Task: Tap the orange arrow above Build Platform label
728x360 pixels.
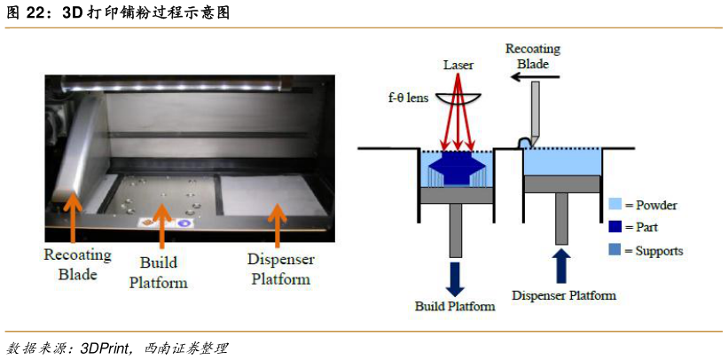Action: (x=161, y=225)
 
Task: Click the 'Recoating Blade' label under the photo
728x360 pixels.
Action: (x=77, y=263)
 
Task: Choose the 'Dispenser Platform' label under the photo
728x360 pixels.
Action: (x=278, y=270)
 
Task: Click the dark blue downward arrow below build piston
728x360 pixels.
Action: (x=455, y=276)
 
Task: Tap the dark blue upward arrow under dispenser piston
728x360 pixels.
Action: (x=562, y=263)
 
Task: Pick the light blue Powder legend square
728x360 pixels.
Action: (x=614, y=205)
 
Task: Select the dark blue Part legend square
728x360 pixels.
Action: (x=614, y=228)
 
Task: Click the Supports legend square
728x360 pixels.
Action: (x=614, y=251)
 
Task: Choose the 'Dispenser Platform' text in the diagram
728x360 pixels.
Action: (x=564, y=294)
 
